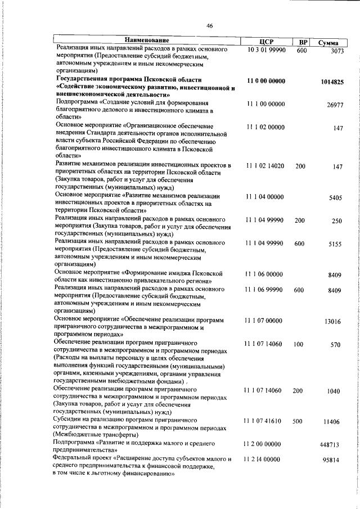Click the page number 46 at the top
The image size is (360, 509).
[209, 25]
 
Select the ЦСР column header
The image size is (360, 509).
[267, 42]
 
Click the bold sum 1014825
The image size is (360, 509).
[332, 82]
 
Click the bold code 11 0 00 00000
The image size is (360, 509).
[266, 81]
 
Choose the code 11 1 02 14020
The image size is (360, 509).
[265, 166]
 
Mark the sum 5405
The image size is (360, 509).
[335, 198]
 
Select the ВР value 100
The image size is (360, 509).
[299, 344]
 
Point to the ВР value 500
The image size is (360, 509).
[299, 421]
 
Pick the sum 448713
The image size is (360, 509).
[332, 444]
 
